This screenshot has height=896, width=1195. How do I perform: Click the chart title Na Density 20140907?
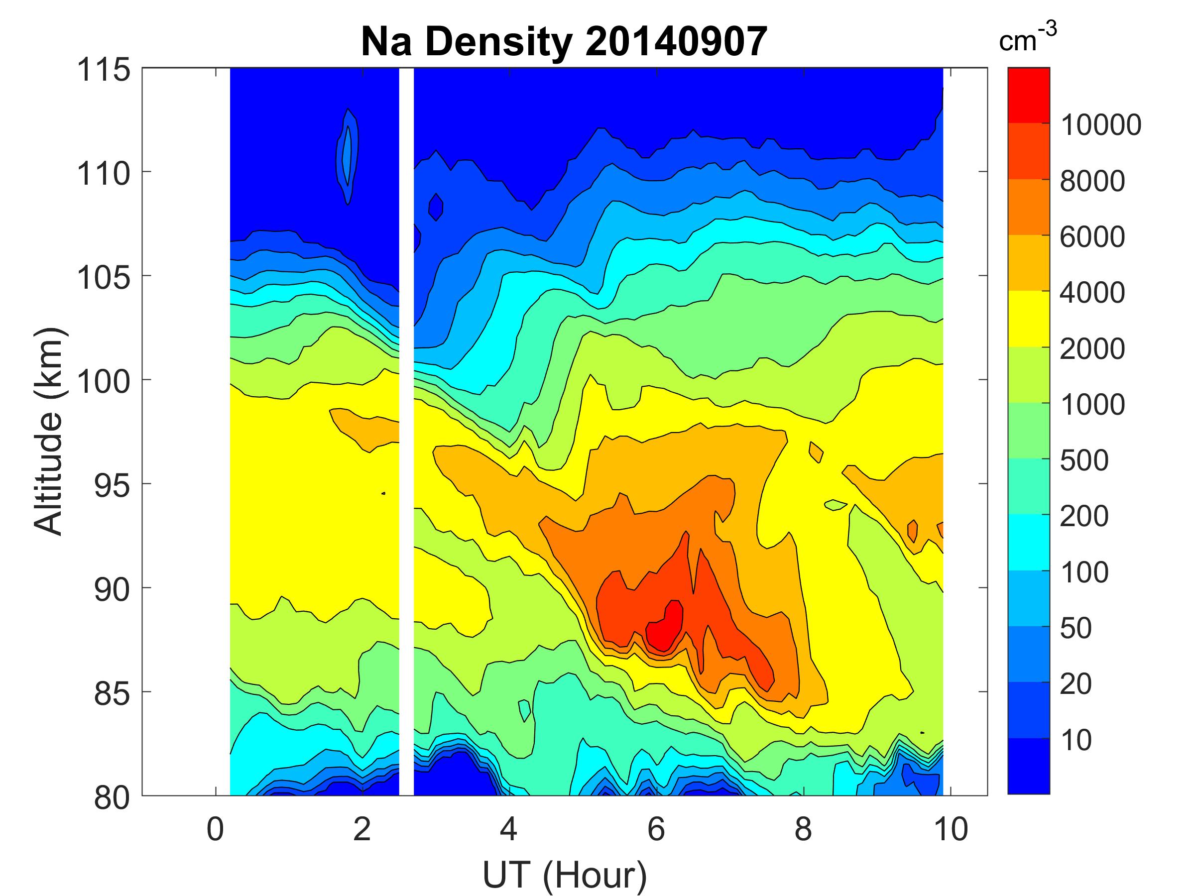pyautogui.click(x=564, y=42)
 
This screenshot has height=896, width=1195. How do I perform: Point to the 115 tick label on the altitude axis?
pyautogui.click(x=104, y=70)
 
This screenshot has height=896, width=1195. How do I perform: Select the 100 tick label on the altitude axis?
pyautogui.click(x=104, y=381)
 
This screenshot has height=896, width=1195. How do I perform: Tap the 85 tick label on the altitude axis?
pyautogui.click(x=112, y=693)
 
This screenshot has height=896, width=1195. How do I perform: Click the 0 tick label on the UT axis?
pyautogui.click(x=215, y=829)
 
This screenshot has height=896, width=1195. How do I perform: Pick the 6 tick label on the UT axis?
pyautogui.click(x=656, y=829)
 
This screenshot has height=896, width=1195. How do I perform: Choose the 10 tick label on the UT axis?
pyautogui.click(x=950, y=829)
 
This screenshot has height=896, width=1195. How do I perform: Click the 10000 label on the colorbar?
pyautogui.click(x=1100, y=125)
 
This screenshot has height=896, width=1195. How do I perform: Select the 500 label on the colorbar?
pyautogui.click(x=1083, y=460)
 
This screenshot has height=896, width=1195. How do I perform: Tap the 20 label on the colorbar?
pyautogui.click(x=1075, y=684)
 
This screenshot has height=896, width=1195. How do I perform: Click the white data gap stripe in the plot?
pyautogui.click(x=406, y=432)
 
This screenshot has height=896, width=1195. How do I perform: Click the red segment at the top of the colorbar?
pyautogui.click(x=1028, y=95)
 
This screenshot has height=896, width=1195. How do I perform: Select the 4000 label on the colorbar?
pyautogui.click(x=1092, y=293)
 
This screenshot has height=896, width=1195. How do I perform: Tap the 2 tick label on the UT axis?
pyautogui.click(x=362, y=829)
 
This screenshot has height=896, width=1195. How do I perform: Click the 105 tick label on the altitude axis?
pyautogui.click(x=104, y=278)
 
